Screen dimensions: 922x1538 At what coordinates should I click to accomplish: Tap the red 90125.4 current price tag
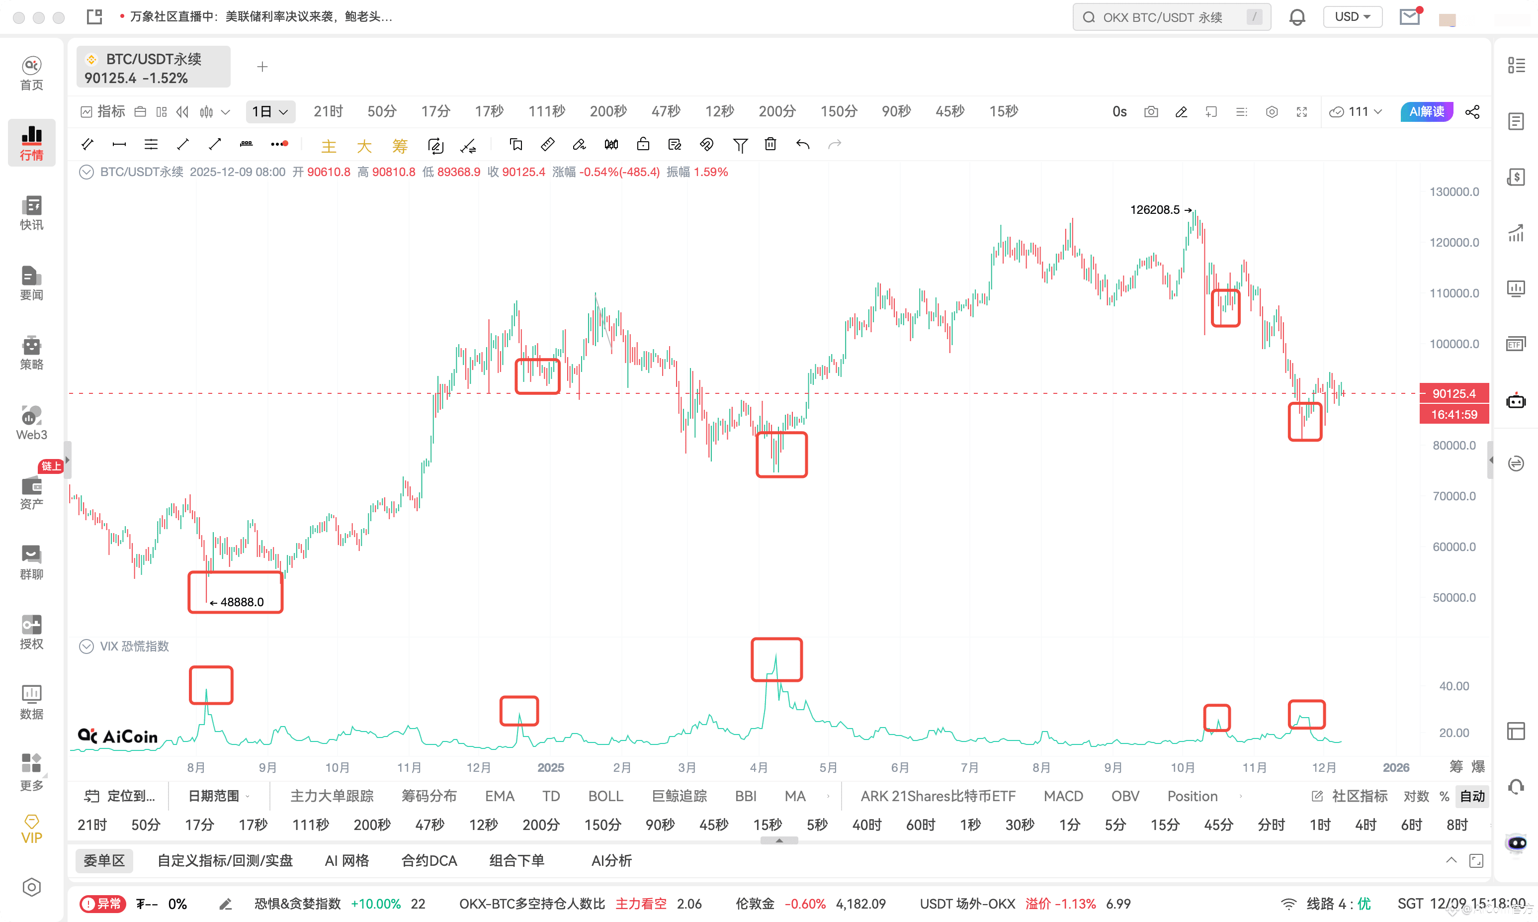point(1453,393)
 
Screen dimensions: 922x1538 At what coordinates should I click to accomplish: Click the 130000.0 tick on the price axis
point(1453,192)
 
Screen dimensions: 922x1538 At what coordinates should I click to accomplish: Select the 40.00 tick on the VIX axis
point(1453,686)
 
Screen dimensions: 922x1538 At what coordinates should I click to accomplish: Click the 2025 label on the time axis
point(551,768)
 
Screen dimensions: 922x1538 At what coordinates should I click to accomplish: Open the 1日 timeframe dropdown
point(270,112)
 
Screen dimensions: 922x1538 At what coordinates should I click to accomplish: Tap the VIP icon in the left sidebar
point(32,830)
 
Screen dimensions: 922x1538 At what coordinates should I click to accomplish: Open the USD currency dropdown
point(1353,17)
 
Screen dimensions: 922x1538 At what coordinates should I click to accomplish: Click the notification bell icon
point(1297,17)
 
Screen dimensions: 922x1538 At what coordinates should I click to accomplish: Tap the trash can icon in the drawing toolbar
point(770,145)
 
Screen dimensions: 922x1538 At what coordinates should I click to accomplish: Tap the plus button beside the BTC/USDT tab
point(262,67)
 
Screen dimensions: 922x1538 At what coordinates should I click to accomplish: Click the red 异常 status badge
point(103,904)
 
